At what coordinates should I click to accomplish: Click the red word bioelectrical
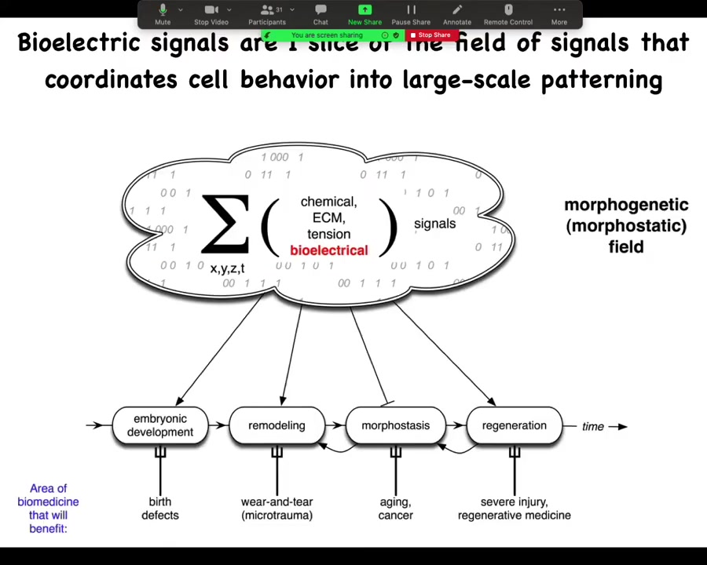click(x=328, y=250)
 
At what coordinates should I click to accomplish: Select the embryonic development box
click(x=159, y=425)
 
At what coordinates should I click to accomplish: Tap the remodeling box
click(x=277, y=425)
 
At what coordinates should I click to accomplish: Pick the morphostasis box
click(x=395, y=425)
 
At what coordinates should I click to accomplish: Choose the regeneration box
click(x=514, y=425)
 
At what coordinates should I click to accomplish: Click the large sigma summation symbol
click(x=225, y=224)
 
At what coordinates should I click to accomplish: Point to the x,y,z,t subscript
click(x=227, y=268)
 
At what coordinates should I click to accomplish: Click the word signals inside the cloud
click(x=434, y=224)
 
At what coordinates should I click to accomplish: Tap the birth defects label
click(x=159, y=508)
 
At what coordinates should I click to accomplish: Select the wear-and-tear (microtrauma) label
click(x=277, y=508)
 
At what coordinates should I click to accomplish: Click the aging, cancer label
click(x=395, y=508)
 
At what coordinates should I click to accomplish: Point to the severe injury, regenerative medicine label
click(x=514, y=508)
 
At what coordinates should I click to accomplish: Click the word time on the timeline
click(x=593, y=426)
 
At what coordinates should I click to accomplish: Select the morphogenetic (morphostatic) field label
click(x=625, y=226)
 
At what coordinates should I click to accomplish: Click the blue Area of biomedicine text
click(x=48, y=508)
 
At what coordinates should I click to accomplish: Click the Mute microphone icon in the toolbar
click(x=163, y=10)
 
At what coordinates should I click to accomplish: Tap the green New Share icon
click(x=364, y=10)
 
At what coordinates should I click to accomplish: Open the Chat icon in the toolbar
click(x=321, y=10)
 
